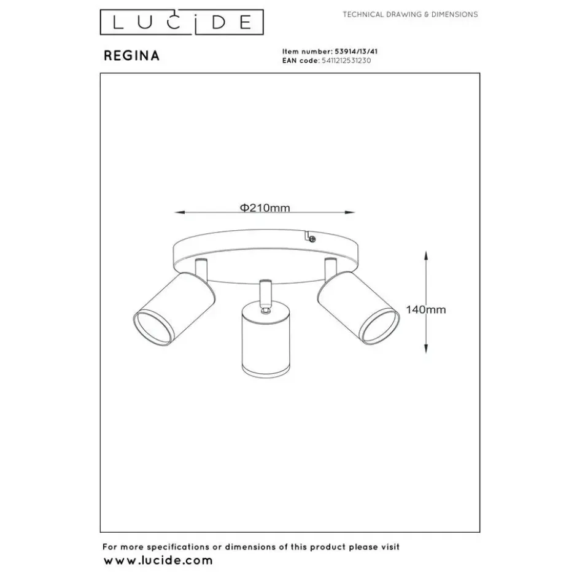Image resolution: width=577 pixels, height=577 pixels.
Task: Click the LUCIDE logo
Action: [x=182, y=22]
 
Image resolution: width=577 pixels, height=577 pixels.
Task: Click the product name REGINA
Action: [x=132, y=56]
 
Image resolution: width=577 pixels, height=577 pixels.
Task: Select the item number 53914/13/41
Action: [x=356, y=52]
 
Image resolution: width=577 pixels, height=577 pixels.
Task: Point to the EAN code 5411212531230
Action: [x=346, y=60]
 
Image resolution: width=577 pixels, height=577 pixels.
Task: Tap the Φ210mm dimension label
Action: [x=265, y=208]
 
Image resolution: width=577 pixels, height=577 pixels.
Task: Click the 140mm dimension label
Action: [x=426, y=309]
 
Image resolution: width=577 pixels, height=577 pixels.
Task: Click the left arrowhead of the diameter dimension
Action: [x=180, y=212]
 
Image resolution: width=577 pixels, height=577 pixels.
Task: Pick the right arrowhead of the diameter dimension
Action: [x=350, y=212]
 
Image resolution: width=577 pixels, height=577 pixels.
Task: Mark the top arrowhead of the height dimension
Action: [x=426, y=256]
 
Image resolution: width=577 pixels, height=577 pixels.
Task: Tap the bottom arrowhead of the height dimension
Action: [x=426, y=348]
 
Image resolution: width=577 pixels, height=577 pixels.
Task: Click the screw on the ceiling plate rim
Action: [x=312, y=239]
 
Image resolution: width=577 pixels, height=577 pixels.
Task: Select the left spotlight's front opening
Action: [x=152, y=328]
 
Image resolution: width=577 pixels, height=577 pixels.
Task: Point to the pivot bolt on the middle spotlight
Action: [x=265, y=312]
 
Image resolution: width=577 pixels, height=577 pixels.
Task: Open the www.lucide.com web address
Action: [x=158, y=561]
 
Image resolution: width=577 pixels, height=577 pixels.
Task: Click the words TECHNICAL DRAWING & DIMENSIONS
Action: [x=410, y=14]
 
